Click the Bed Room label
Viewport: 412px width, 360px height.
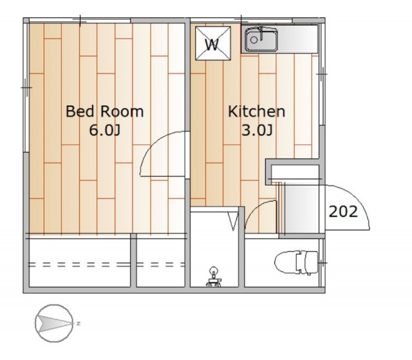104,111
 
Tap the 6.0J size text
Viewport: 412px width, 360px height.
104,130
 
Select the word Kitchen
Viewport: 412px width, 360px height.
256,111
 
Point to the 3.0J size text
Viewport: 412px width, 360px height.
257,130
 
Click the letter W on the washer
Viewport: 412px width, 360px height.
212,44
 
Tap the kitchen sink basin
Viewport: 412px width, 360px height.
261,40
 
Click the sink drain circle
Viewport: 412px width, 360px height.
254,40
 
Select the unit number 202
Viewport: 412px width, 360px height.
343,211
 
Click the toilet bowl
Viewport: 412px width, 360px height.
285,263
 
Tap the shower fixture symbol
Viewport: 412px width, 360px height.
213,276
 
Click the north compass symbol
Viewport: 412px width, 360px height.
54,323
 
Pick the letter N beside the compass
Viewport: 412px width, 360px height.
78,323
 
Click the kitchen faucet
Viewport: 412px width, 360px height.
261,32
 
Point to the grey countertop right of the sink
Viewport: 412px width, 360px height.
298,39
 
